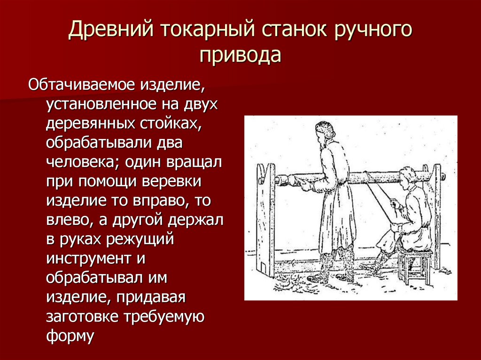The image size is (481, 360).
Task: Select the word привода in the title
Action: pyautogui.click(x=240, y=55)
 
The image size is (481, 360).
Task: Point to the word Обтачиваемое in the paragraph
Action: pyautogui.click(x=83, y=85)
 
